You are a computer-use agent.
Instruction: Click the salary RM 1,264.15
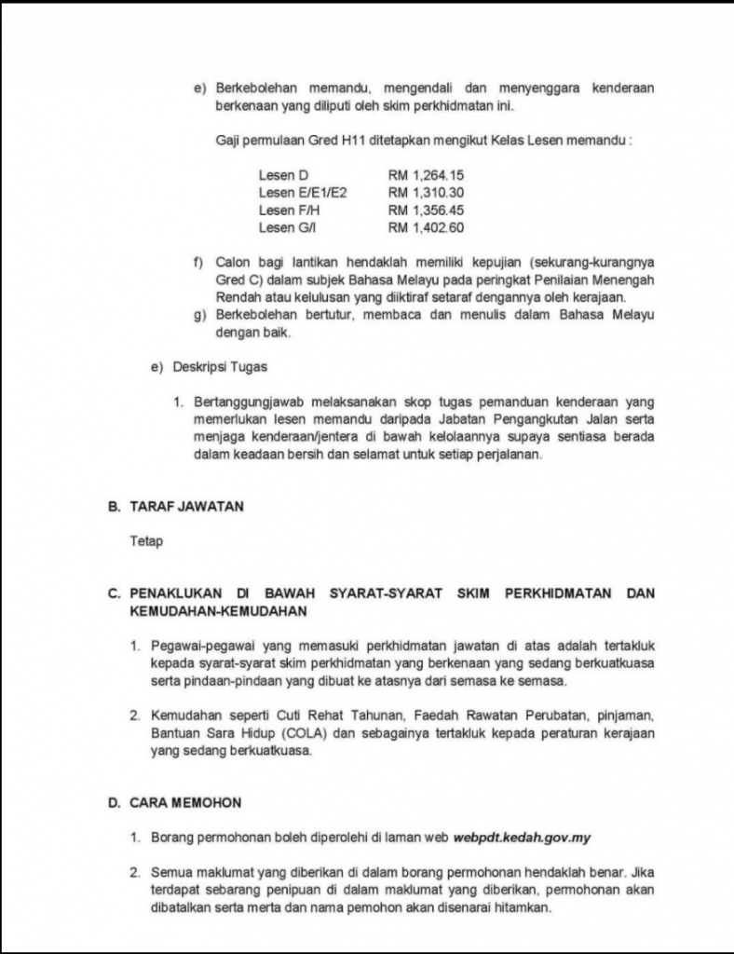(426, 175)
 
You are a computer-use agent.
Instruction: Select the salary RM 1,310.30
(426, 193)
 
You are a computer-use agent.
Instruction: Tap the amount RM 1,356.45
(426, 211)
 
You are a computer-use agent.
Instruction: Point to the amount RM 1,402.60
(426, 228)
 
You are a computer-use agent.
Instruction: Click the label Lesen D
(283, 175)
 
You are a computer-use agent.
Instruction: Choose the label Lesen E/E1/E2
(303, 193)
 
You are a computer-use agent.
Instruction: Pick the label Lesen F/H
(289, 211)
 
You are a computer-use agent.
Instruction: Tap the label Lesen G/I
(288, 228)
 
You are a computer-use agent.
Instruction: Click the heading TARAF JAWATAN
(187, 507)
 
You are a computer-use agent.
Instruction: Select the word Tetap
(146, 541)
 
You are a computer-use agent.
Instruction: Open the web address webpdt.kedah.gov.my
(523, 837)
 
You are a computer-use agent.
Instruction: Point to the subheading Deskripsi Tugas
(220, 367)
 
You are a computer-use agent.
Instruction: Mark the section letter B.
(114, 507)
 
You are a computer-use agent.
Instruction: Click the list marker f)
(198, 263)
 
